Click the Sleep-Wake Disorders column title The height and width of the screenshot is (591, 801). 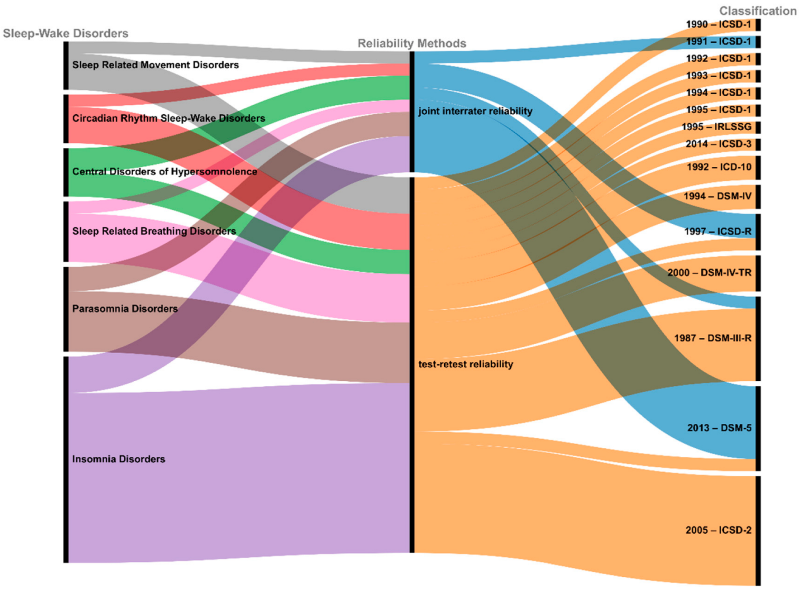point(66,33)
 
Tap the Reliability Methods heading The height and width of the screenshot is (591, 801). point(412,43)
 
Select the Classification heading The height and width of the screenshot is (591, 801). point(757,11)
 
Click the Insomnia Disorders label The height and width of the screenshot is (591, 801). point(118,459)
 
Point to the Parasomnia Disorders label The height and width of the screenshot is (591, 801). point(125,309)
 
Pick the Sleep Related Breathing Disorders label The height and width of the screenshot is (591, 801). point(154,231)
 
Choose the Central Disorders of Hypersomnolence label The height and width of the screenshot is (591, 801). point(164,171)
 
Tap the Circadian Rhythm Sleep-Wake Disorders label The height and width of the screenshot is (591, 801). point(169,118)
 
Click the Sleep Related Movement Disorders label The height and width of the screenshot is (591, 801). point(155,64)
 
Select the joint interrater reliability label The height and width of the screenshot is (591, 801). point(475,111)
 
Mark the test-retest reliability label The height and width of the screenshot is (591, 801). point(465,364)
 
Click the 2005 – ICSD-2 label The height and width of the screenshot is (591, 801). point(718,530)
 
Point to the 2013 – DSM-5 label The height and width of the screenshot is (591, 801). point(719,428)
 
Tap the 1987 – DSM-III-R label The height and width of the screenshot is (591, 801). point(712,338)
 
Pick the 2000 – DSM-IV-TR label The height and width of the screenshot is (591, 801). point(709,273)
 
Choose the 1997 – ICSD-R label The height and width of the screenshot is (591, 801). point(717,231)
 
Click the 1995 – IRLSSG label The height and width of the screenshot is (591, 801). point(716,127)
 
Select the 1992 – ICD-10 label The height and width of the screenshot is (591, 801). point(719,167)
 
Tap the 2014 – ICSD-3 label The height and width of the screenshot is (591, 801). point(718,144)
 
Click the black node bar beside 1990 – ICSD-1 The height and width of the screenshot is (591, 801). point(758,24)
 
